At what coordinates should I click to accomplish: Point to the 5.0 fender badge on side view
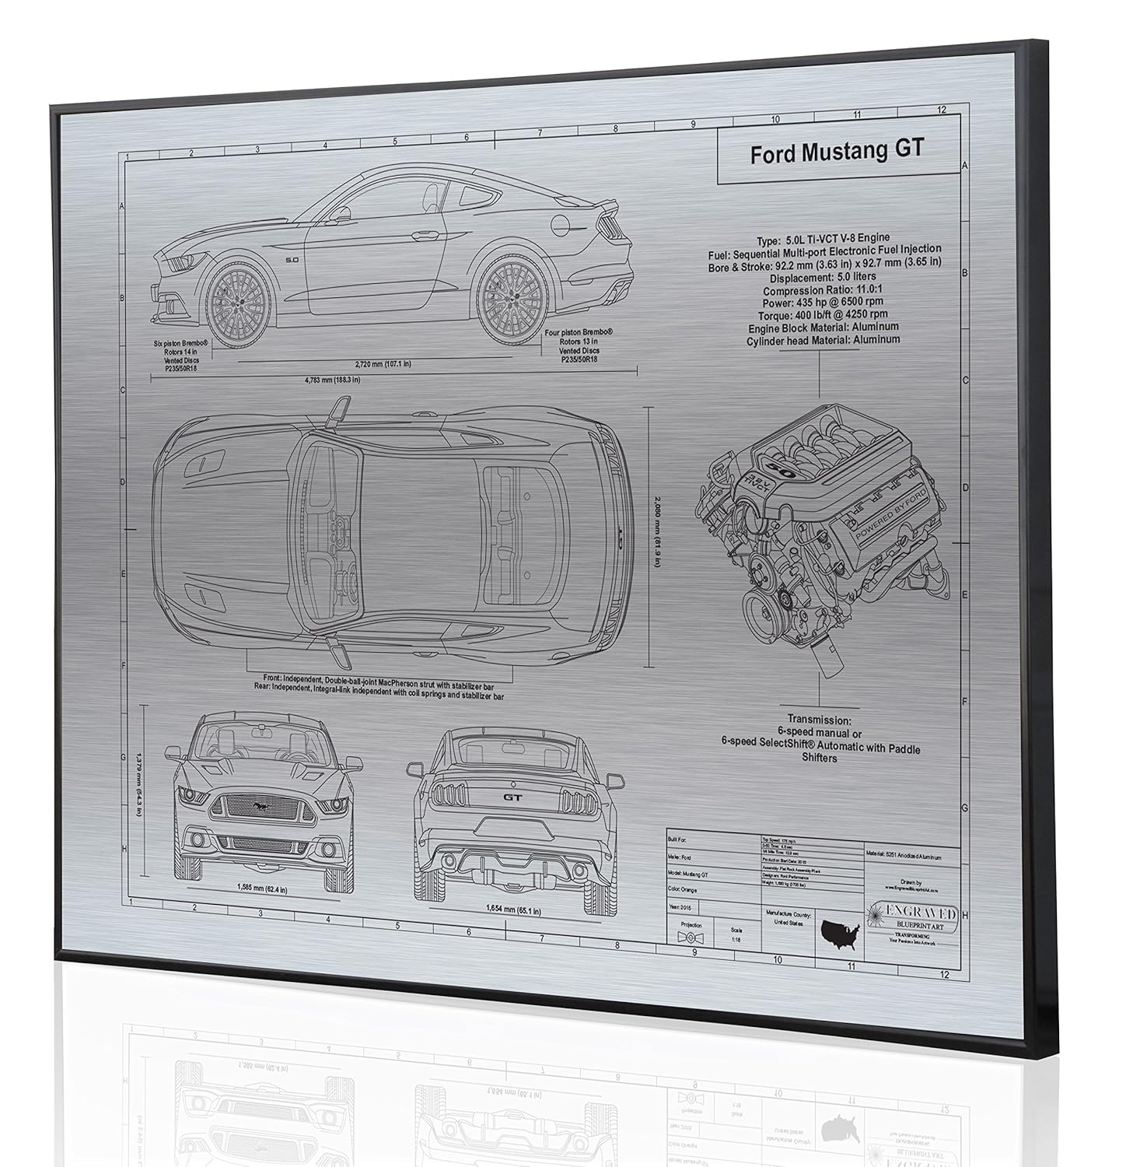292,259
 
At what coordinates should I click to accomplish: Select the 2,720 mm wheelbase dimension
382,364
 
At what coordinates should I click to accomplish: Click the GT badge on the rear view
512,797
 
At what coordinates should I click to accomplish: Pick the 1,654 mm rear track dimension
514,909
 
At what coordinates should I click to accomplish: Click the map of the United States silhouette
841,930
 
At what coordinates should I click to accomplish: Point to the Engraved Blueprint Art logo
911,917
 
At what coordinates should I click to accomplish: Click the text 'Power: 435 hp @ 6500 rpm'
824,303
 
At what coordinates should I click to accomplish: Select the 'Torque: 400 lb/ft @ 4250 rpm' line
824,315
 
